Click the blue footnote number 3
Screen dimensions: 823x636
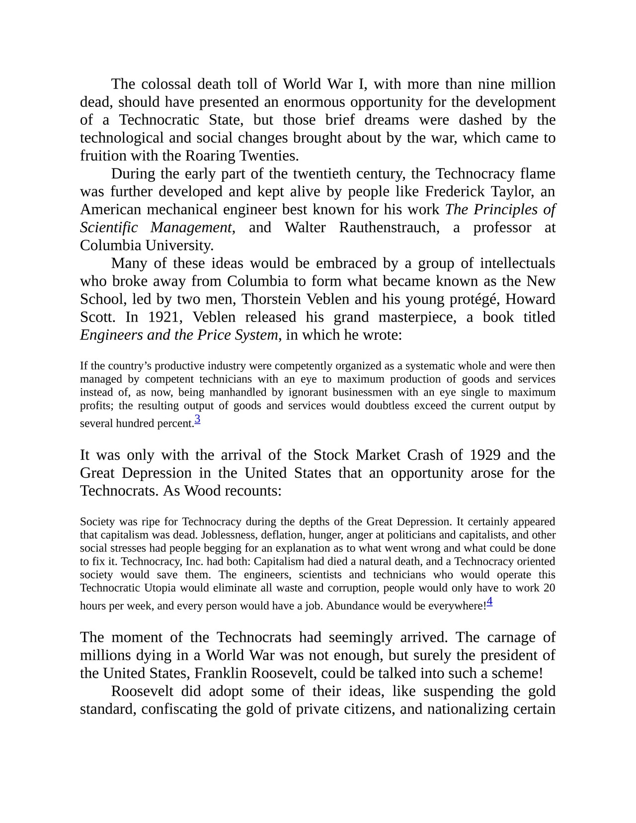[197, 419]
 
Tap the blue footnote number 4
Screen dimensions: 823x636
[489, 601]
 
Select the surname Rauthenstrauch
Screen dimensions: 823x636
[389, 228]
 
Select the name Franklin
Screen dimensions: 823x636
[221, 673]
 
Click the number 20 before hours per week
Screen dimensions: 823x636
[549, 588]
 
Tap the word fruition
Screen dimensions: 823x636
[103, 156]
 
